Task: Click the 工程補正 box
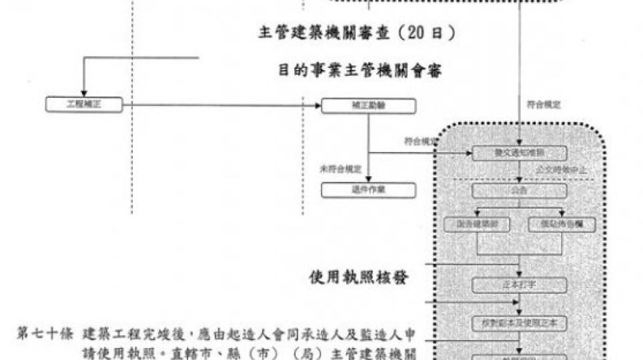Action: (x=84, y=105)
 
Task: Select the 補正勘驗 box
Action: (x=368, y=105)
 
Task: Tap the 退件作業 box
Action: (x=368, y=191)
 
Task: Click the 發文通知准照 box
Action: (x=520, y=153)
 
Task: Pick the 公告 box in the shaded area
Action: (x=520, y=191)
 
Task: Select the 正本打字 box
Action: (x=520, y=285)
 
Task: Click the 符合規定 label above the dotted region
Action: (x=544, y=105)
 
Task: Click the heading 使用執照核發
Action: (x=360, y=277)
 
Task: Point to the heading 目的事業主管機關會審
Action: (x=360, y=70)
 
